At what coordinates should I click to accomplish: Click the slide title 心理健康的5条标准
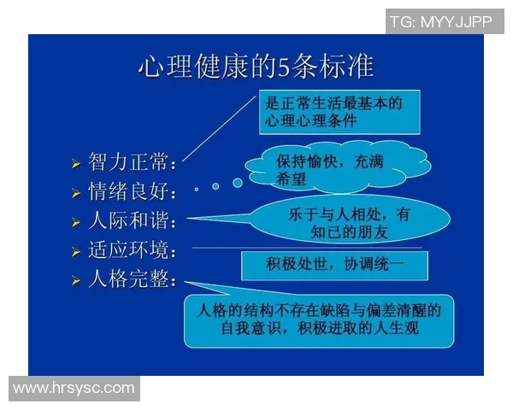(x=256, y=66)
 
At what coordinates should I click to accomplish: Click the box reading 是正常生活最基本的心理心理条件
(x=340, y=112)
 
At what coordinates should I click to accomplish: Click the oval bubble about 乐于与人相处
(x=351, y=221)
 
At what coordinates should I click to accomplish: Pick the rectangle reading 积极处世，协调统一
(x=333, y=265)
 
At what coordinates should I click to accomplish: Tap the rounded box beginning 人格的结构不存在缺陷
(x=318, y=319)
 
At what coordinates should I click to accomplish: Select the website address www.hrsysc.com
(x=74, y=388)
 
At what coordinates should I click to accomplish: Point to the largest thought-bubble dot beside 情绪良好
(x=237, y=182)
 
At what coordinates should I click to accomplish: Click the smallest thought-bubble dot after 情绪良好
(x=197, y=189)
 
